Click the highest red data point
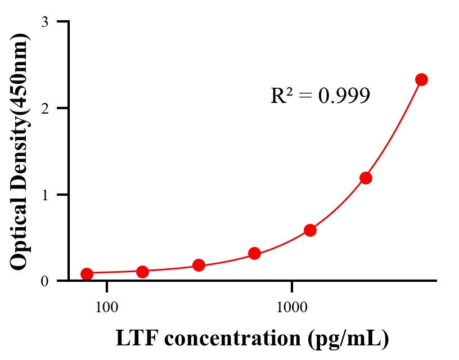[x=421, y=79]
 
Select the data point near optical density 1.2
[x=366, y=178]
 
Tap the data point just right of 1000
[x=310, y=230]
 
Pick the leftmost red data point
[x=87, y=274]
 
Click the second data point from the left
[x=142, y=272]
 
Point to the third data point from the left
[x=199, y=265]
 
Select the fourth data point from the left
[x=254, y=253]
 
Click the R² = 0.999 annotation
[x=320, y=96]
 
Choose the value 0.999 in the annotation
[x=344, y=96]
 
